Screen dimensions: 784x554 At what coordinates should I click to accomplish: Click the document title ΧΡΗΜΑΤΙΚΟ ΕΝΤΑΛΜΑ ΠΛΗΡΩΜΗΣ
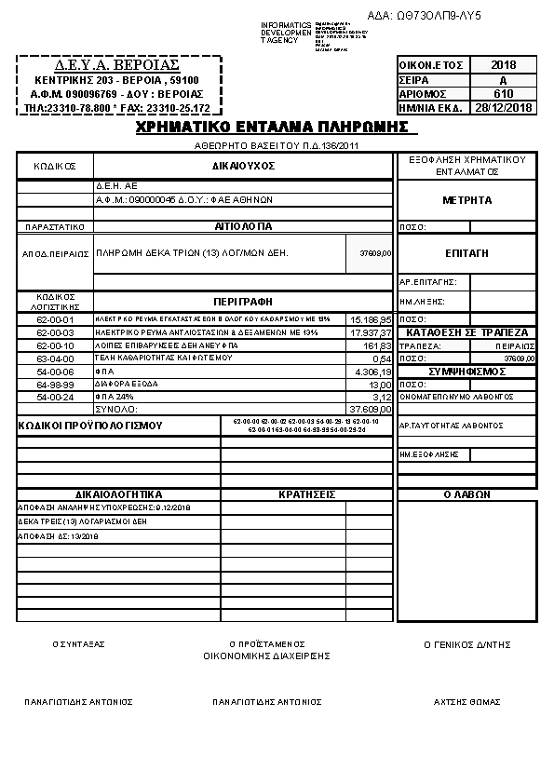coord(273,128)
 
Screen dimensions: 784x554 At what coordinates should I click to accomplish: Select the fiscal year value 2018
coord(503,65)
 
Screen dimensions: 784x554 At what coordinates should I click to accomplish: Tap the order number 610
coord(503,93)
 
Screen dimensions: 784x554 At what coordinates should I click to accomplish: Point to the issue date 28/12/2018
coord(503,107)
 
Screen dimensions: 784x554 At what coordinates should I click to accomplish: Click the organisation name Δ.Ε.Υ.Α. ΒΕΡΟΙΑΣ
coord(118,66)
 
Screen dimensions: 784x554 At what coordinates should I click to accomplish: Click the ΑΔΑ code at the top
coord(437,16)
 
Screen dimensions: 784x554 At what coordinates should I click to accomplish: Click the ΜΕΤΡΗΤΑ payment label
coord(466,200)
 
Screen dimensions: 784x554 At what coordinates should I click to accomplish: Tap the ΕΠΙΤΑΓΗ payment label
coord(466,253)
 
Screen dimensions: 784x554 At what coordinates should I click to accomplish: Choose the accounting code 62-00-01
coord(54,319)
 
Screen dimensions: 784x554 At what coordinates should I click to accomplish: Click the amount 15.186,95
coord(371,319)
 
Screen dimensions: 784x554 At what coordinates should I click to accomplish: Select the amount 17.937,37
coord(371,332)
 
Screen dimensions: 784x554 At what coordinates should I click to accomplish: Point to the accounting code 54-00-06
coord(54,371)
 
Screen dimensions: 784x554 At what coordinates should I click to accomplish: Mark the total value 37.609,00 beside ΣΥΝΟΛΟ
coord(371,409)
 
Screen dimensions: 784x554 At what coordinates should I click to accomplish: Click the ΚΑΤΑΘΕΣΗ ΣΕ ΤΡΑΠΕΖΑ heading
coord(466,332)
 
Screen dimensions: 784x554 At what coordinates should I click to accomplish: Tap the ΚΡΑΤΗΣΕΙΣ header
coord(307,494)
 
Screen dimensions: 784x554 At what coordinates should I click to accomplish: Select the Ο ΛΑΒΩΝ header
coord(466,494)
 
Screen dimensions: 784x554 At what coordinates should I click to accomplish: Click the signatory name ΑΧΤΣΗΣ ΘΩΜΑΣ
coord(466,701)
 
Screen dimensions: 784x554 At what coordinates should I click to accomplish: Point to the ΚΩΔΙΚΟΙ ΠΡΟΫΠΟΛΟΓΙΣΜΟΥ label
coord(90,426)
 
